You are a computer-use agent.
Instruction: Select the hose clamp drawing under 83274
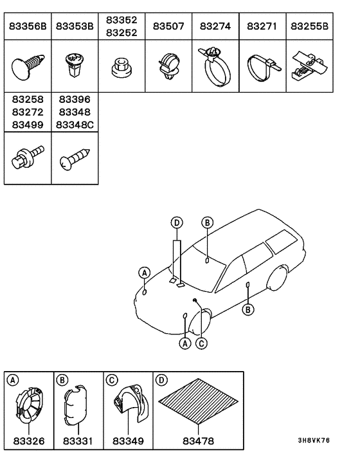tap(215, 66)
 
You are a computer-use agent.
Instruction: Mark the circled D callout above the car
tap(176, 222)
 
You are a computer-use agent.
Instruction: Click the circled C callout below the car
tap(201, 343)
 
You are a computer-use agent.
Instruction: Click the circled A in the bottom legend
tap(12, 380)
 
